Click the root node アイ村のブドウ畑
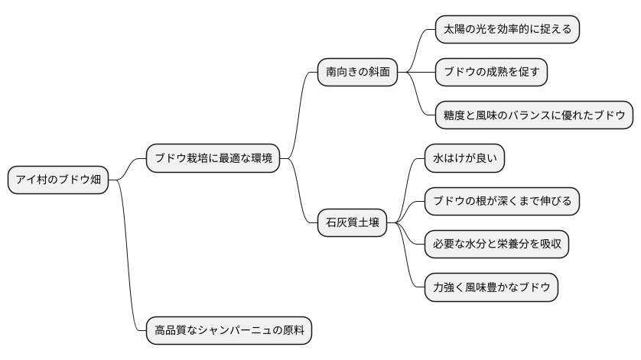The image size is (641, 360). (x=57, y=180)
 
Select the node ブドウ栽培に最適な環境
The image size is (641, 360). (x=212, y=159)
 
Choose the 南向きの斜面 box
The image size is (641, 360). (x=357, y=73)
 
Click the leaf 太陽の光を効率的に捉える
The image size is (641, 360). (x=507, y=30)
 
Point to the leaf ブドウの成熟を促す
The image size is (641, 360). (x=491, y=73)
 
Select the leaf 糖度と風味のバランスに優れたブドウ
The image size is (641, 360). (x=534, y=115)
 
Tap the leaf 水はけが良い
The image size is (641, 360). (x=464, y=159)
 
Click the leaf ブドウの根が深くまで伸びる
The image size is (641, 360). (x=502, y=202)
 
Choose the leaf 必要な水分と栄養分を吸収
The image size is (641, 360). (x=496, y=245)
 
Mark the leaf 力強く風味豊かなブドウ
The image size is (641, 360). (x=491, y=287)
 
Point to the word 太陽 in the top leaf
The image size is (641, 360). (x=454, y=30)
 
